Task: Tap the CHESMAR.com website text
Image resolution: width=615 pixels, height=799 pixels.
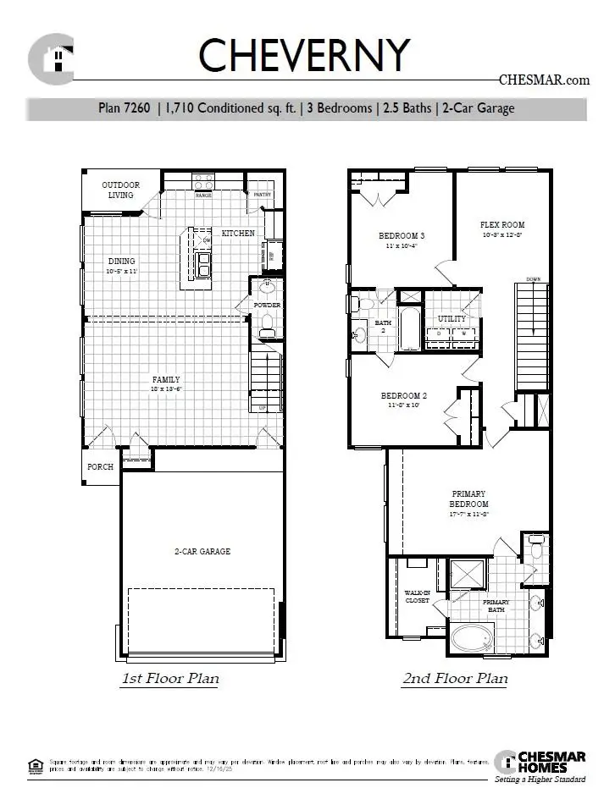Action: point(543,80)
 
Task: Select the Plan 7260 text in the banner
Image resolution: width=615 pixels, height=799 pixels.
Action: point(125,108)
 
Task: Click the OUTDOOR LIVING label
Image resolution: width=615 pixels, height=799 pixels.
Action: point(120,190)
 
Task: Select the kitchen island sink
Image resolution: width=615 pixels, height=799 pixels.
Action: point(203,264)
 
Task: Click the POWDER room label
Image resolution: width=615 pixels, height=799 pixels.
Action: point(267,305)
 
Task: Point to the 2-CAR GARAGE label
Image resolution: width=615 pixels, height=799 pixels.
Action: point(202,551)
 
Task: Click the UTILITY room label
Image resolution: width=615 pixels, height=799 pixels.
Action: point(452,318)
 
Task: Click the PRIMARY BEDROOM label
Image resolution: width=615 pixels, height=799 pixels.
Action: point(468,499)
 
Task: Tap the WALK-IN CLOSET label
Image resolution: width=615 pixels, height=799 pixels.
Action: point(416,596)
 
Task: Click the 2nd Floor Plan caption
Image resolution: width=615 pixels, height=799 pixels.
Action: point(454,678)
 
